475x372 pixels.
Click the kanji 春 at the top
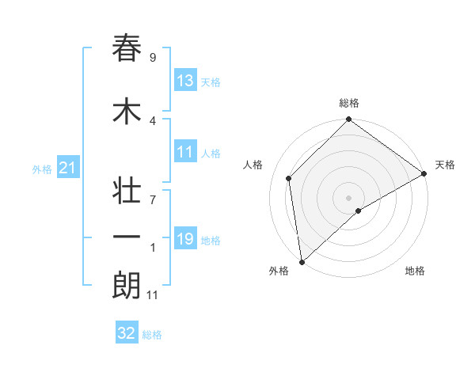[x=127, y=48]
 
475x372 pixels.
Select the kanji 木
[x=127, y=112]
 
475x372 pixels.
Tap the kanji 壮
[x=127, y=191]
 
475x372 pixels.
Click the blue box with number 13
[x=185, y=81]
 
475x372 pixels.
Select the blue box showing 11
[x=185, y=152]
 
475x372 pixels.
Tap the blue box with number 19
[x=185, y=239]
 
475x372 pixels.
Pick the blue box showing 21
[x=66, y=168]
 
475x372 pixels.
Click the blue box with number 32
[x=127, y=333]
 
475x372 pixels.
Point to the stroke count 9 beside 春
[x=153, y=58]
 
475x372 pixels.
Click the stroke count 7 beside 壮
[x=153, y=200]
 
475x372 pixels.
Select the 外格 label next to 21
[x=42, y=169]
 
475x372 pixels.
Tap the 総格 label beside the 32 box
[x=152, y=335]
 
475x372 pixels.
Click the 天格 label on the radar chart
[x=445, y=165]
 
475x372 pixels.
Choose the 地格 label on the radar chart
[x=415, y=271]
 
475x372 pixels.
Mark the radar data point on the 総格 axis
[x=348, y=120]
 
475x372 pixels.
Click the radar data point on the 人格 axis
[x=289, y=178]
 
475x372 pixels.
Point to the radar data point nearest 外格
[x=302, y=261]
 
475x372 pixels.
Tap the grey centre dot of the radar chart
[x=348, y=197]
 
